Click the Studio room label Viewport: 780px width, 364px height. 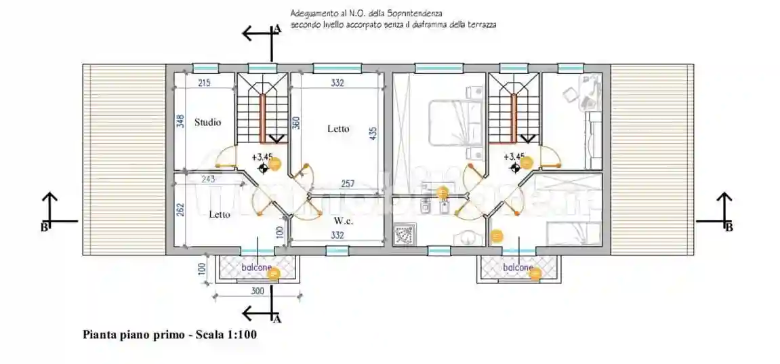207,123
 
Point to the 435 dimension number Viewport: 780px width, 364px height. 373,135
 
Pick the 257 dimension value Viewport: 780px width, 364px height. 347,184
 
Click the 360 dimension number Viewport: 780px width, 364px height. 295,123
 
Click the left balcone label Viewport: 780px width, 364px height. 256,268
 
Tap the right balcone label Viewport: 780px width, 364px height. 517,268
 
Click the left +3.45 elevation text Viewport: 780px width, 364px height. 262,157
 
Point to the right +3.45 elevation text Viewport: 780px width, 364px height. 514,157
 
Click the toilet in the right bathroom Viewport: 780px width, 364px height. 465,237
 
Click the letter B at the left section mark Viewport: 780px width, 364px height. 44,227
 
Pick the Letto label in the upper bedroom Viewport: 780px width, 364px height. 338,128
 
